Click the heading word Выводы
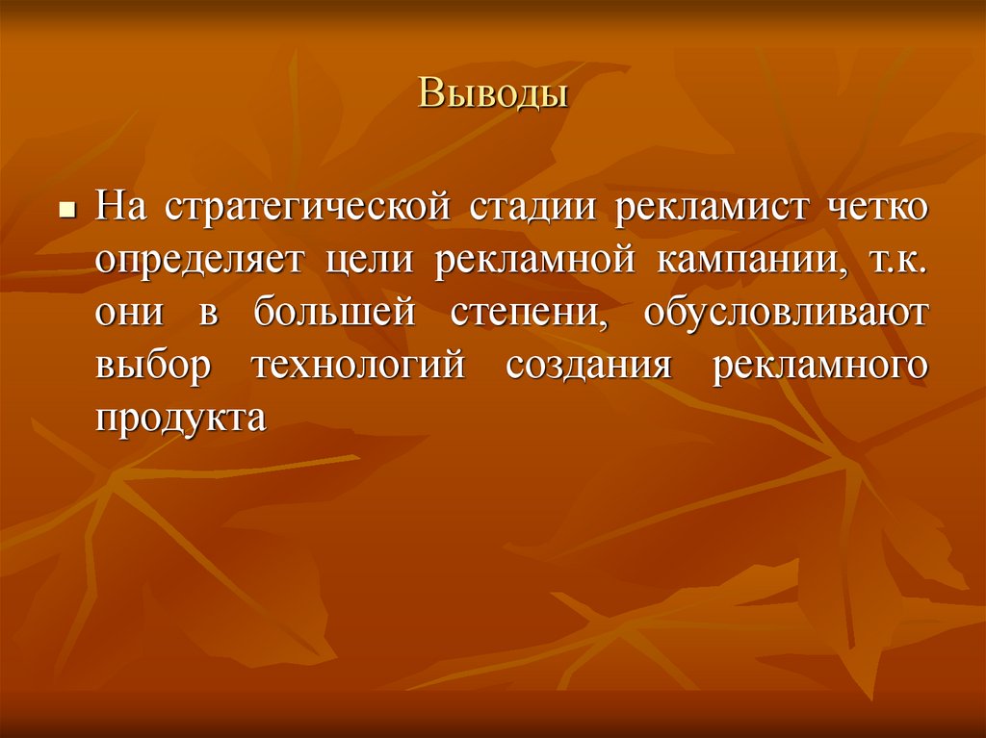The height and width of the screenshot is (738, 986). (492, 95)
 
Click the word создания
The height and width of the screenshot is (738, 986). (587, 369)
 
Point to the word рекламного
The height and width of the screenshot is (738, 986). (820, 369)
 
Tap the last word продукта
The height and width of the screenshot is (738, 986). (179, 421)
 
